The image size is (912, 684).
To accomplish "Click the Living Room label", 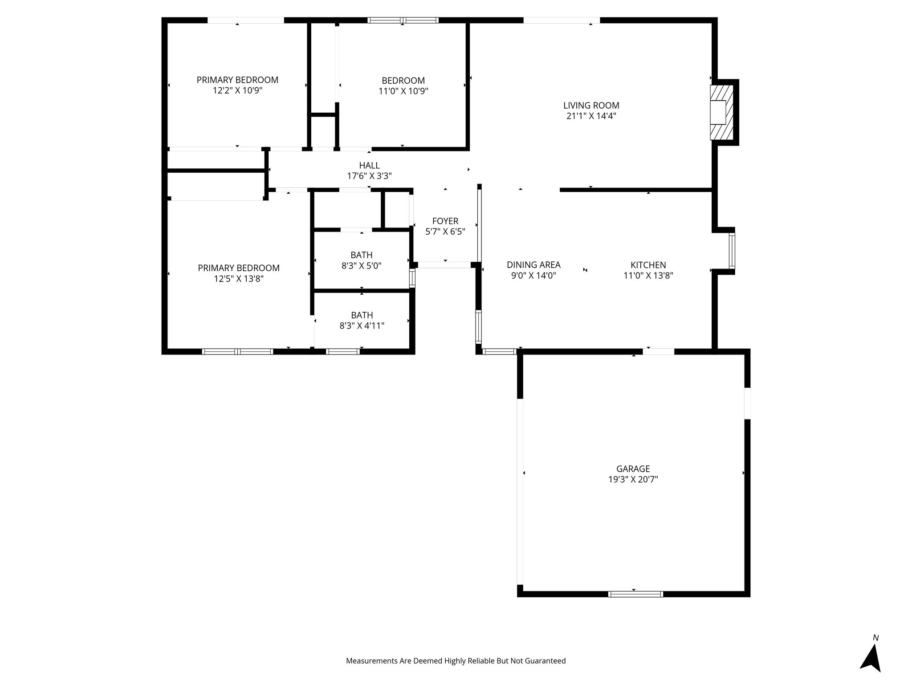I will (x=591, y=106).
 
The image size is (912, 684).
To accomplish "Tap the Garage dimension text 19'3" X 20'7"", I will (x=633, y=480).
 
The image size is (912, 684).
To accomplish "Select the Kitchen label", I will (x=648, y=265).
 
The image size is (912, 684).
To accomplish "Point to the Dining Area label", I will (x=533, y=265).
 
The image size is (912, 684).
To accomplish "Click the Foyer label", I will (x=445, y=221).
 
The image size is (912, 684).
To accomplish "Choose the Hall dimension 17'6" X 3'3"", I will (x=369, y=176).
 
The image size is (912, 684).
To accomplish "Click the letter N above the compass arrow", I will (x=875, y=638).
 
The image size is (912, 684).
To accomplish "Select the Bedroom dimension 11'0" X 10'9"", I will (x=403, y=91).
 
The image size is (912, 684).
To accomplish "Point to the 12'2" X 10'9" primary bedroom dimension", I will (x=237, y=90).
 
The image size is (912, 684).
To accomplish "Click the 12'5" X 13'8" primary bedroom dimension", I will (x=238, y=279).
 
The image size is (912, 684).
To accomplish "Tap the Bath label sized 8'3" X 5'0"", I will (x=361, y=255).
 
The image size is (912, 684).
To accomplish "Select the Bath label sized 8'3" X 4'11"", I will (x=362, y=315).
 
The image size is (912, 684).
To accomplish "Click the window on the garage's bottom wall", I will (x=635, y=594).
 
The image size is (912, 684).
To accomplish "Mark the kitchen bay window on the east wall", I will (x=732, y=251).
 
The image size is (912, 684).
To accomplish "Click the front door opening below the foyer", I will (x=444, y=265).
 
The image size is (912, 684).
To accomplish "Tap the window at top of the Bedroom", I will (x=403, y=20).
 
